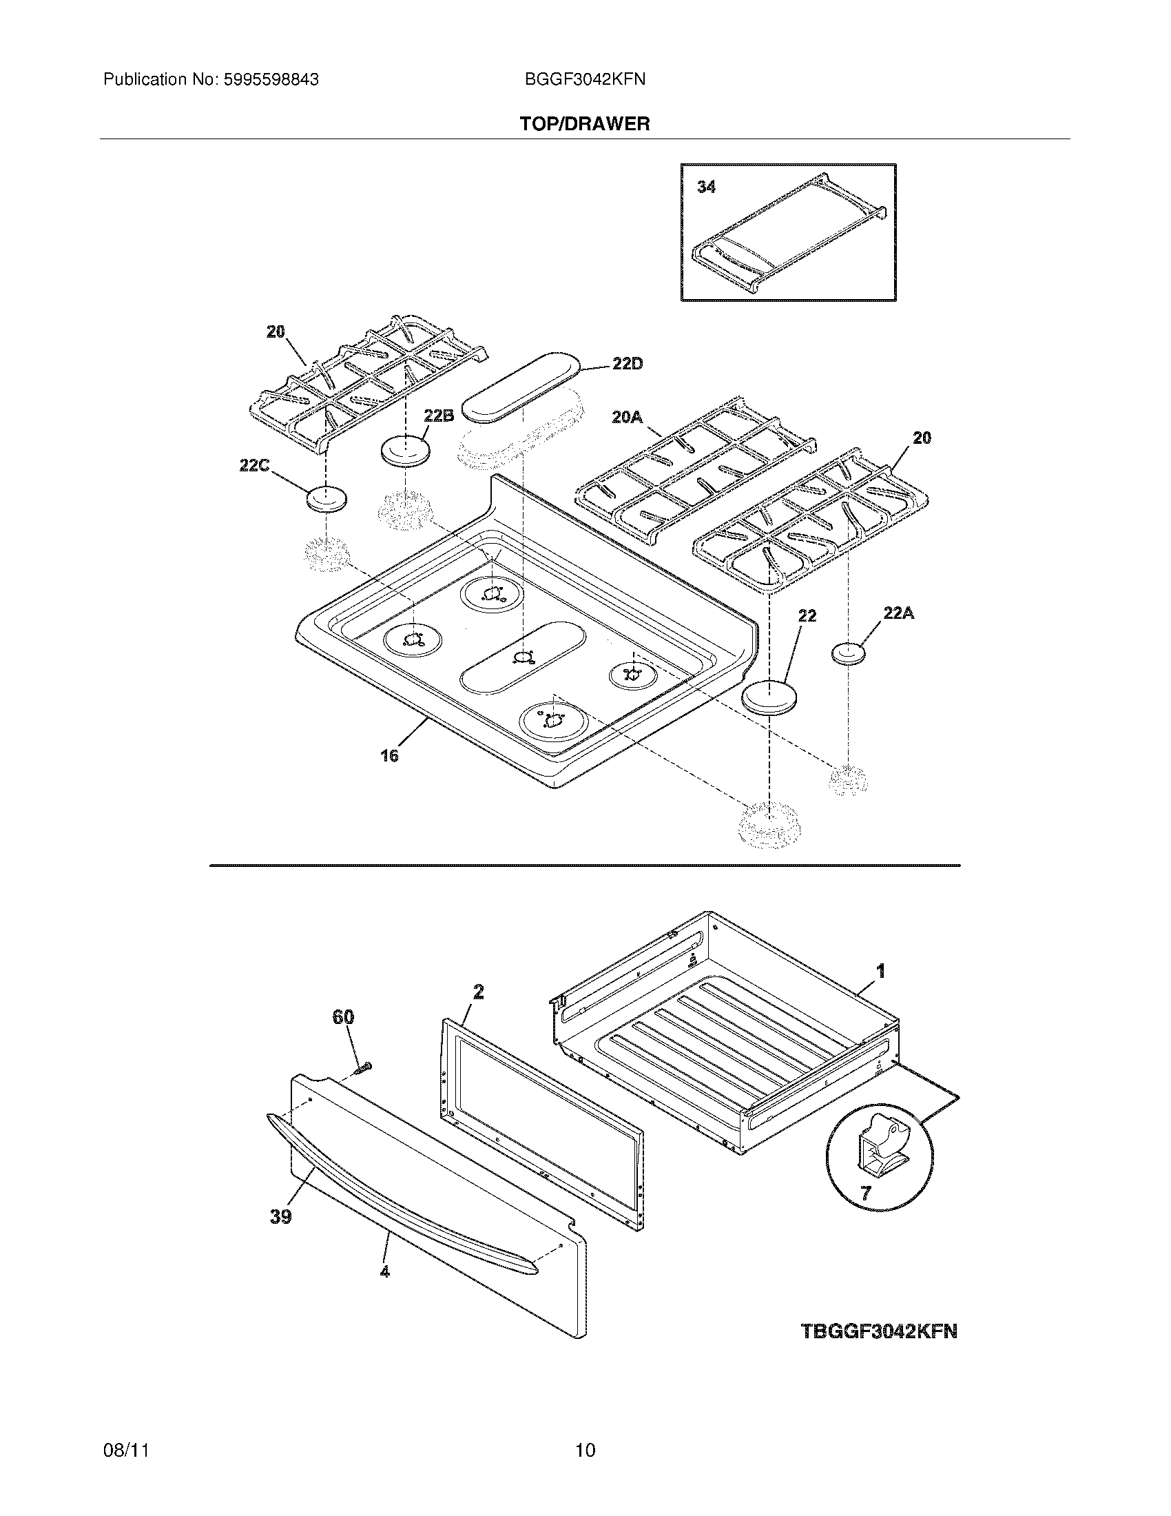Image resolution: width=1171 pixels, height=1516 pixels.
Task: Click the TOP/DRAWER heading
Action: [585, 124]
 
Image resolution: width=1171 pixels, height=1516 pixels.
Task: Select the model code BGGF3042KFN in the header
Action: [585, 80]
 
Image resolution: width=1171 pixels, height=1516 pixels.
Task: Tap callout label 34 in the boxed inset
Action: [706, 187]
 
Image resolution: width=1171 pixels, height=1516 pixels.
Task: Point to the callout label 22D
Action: [627, 364]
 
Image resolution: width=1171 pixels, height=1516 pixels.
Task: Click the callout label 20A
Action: [627, 416]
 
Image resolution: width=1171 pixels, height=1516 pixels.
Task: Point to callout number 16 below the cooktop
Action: [389, 756]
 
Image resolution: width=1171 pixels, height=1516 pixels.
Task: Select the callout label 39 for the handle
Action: [281, 1216]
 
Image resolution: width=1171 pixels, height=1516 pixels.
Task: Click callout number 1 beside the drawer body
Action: [880, 971]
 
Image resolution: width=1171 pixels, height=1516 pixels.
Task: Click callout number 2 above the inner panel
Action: [478, 992]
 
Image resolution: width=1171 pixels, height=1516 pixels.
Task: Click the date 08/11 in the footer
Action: [126, 1450]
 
